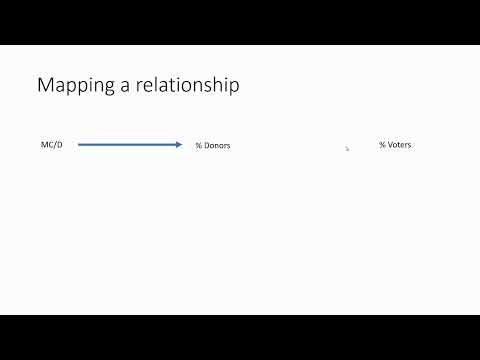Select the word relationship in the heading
185,86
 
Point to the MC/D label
51,145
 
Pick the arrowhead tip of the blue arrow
181,145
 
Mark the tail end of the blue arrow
79,145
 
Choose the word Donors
217,146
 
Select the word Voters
399,145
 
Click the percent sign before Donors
198,146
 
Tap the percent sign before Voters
382,145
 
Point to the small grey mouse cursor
347,148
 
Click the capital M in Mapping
45,86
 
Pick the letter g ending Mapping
108,89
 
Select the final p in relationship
234,89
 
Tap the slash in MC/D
55,145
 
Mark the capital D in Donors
206,146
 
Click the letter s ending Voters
409,146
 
